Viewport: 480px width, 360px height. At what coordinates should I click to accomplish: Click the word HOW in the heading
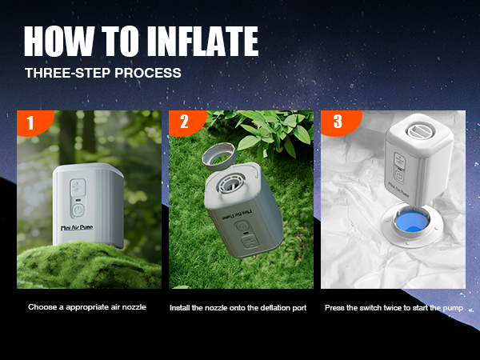[58, 41]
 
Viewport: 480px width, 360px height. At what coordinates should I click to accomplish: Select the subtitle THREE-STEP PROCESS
[102, 72]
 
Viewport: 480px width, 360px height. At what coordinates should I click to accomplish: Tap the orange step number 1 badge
[30, 122]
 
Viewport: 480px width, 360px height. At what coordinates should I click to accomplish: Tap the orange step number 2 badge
[182, 122]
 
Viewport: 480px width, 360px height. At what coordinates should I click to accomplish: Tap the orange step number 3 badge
[336, 122]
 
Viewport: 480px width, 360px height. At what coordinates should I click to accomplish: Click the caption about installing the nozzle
[238, 307]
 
